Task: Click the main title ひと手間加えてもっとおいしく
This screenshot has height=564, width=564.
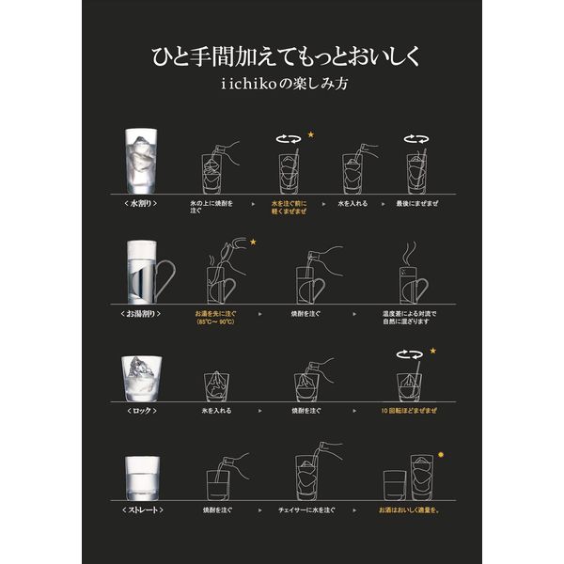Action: click(x=281, y=55)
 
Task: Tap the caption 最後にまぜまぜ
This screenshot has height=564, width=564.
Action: click(x=415, y=203)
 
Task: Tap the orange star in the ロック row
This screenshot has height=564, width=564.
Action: click(x=433, y=351)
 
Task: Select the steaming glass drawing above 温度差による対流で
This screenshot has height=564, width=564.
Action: click(x=412, y=273)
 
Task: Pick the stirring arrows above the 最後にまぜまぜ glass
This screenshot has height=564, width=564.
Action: click(x=415, y=138)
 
